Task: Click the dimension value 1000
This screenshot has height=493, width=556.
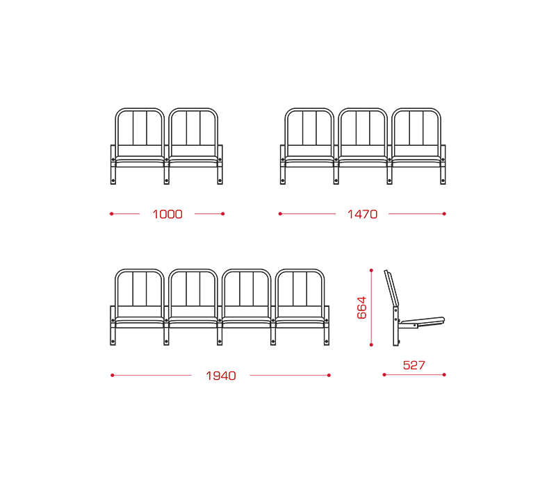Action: click(167, 215)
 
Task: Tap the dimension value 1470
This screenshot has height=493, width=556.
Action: click(362, 215)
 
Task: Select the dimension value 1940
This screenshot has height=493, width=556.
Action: click(221, 376)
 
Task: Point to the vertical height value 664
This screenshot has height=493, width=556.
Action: click(361, 308)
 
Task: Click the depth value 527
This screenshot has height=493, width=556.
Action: click(414, 365)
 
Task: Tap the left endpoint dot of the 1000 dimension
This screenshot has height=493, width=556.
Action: click(111, 214)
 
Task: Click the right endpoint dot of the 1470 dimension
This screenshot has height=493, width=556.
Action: click(444, 214)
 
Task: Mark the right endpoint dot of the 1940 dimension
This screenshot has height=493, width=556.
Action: click(329, 376)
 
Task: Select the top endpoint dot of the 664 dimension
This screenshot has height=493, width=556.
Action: click(371, 271)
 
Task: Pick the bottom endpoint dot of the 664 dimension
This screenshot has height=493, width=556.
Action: click(371, 344)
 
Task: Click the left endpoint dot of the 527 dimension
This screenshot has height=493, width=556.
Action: click(384, 375)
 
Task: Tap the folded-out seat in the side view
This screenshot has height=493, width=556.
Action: click(421, 321)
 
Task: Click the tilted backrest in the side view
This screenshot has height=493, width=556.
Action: click(391, 288)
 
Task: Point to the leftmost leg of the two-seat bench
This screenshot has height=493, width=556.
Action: click(113, 165)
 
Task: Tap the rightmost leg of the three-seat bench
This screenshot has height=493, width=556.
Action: click(443, 165)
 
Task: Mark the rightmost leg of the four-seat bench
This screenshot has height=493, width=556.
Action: click(327, 326)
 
